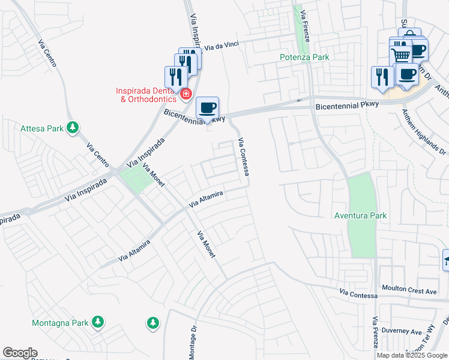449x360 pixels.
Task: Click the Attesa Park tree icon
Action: tap(72, 128)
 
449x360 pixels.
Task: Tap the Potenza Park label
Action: tap(304, 57)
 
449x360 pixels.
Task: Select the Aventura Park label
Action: tap(361, 215)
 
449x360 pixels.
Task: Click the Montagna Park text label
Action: tap(60, 323)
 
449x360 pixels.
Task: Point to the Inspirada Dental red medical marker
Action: tap(185, 95)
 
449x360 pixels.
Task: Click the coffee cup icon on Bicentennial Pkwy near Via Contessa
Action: tap(208, 108)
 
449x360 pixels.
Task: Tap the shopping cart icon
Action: tap(400, 55)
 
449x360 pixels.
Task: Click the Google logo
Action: tap(20, 353)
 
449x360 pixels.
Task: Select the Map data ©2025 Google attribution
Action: tap(412, 355)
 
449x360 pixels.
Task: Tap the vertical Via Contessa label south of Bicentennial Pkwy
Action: tap(244, 157)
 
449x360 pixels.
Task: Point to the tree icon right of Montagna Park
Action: tap(153, 323)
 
